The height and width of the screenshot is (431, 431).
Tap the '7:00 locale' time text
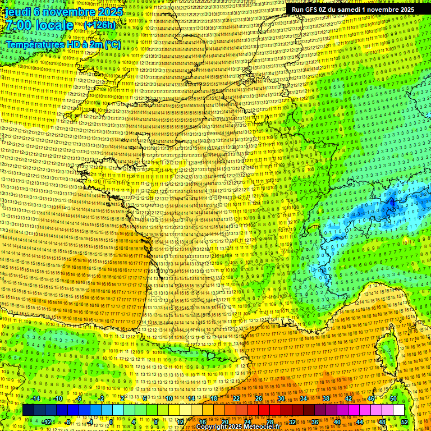(x=39, y=25)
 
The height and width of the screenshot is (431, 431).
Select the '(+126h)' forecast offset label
(x=100, y=25)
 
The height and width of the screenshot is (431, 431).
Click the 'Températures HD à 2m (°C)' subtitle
(x=63, y=44)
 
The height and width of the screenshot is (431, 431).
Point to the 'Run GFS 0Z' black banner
(x=352, y=10)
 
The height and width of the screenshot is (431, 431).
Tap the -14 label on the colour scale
(x=35, y=398)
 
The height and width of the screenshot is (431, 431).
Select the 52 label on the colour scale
(x=405, y=421)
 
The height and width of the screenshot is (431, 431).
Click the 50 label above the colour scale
(x=393, y=398)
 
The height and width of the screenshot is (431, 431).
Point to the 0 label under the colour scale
(x=111, y=421)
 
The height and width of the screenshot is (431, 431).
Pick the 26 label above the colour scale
(x=259, y=398)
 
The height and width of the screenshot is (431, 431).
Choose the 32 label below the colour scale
(x=292, y=421)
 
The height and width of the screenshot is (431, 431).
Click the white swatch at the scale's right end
(x=398, y=410)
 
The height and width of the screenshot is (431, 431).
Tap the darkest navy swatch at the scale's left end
(x=29, y=410)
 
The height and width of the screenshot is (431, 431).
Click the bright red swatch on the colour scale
(x=264, y=410)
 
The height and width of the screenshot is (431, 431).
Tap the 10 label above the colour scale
(x=169, y=398)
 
